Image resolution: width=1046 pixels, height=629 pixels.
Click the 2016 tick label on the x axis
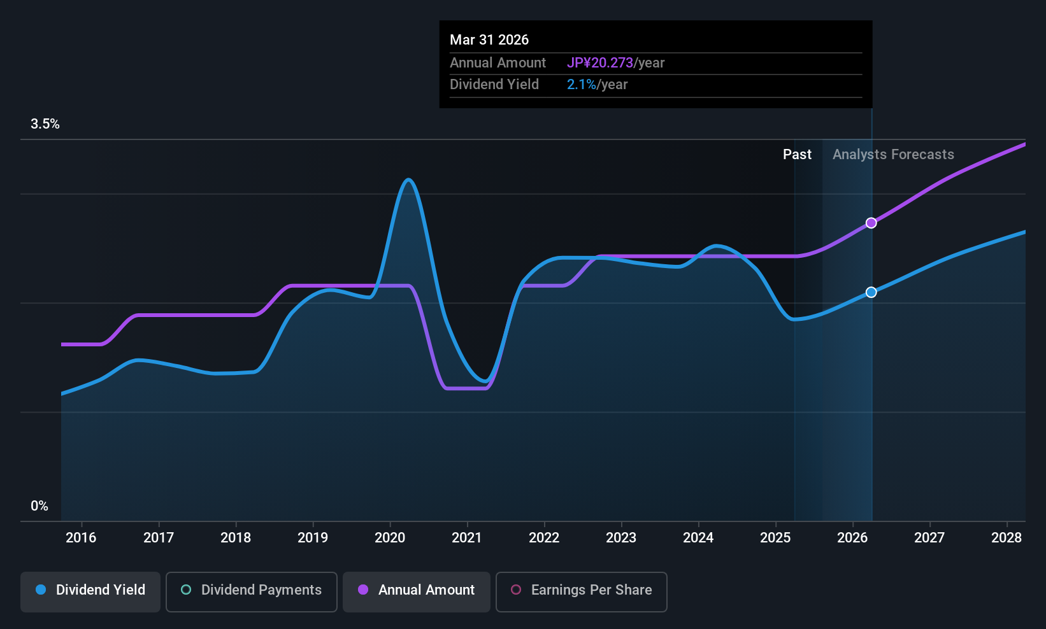pos(81,537)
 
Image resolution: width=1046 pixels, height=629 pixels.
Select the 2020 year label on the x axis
pos(390,537)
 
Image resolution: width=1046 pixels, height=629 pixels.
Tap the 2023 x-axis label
pos(621,537)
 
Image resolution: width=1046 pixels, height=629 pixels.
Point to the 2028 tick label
pos(1007,537)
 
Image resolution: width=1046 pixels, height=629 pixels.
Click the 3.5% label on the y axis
pos(45,124)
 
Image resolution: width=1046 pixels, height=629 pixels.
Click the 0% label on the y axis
pos(39,506)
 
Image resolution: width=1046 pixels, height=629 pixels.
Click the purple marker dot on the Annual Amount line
pos(871,223)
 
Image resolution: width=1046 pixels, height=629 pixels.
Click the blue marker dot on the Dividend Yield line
pos(871,292)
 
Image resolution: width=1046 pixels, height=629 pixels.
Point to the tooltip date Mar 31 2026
pos(489,39)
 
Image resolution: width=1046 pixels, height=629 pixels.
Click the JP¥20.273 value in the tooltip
pos(600,63)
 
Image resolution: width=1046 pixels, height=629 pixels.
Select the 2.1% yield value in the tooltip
pos(582,85)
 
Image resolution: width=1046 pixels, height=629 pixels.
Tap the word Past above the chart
pos(797,155)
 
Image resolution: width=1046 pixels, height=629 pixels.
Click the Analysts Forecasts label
pos(893,155)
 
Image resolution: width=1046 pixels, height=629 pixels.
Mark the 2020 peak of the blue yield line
pos(408,180)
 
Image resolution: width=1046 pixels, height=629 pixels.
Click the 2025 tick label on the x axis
pos(775,537)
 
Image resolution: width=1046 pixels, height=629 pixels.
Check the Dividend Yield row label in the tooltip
pos(494,85)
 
